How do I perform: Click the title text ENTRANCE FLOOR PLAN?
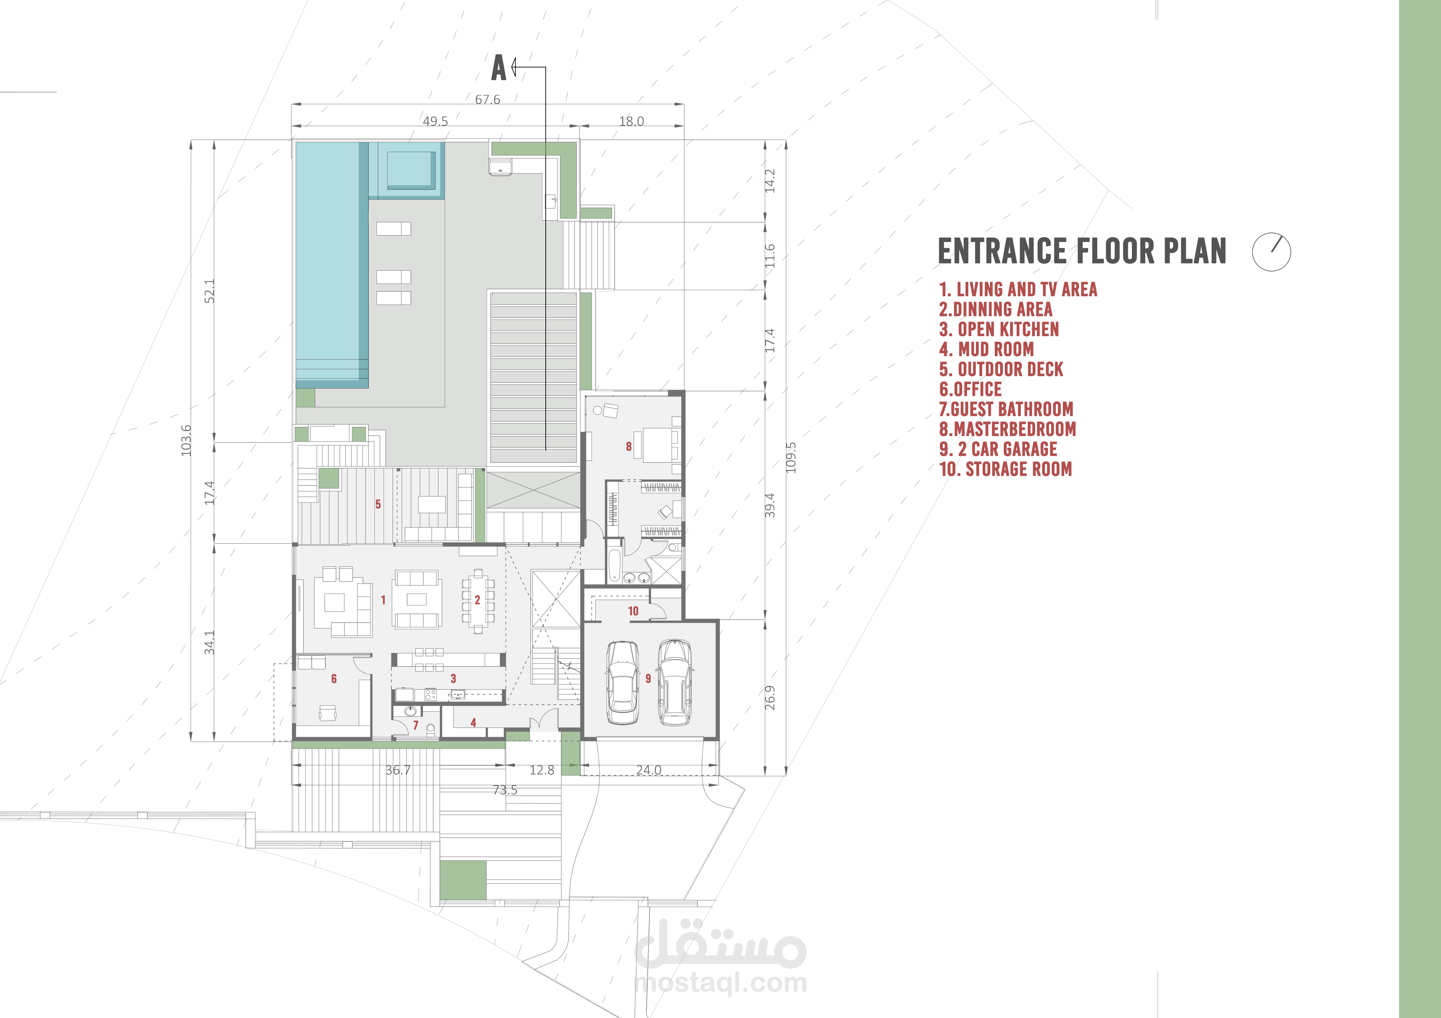(1081, 252)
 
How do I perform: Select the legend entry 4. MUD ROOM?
(986, 349)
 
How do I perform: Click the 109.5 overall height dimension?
(791, 457)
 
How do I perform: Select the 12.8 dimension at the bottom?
(542, 770)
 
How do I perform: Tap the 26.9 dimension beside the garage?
(770, 697)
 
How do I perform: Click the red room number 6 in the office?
(334, 679)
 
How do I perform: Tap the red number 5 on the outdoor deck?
(378, 504)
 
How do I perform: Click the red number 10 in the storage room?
(633, 611)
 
